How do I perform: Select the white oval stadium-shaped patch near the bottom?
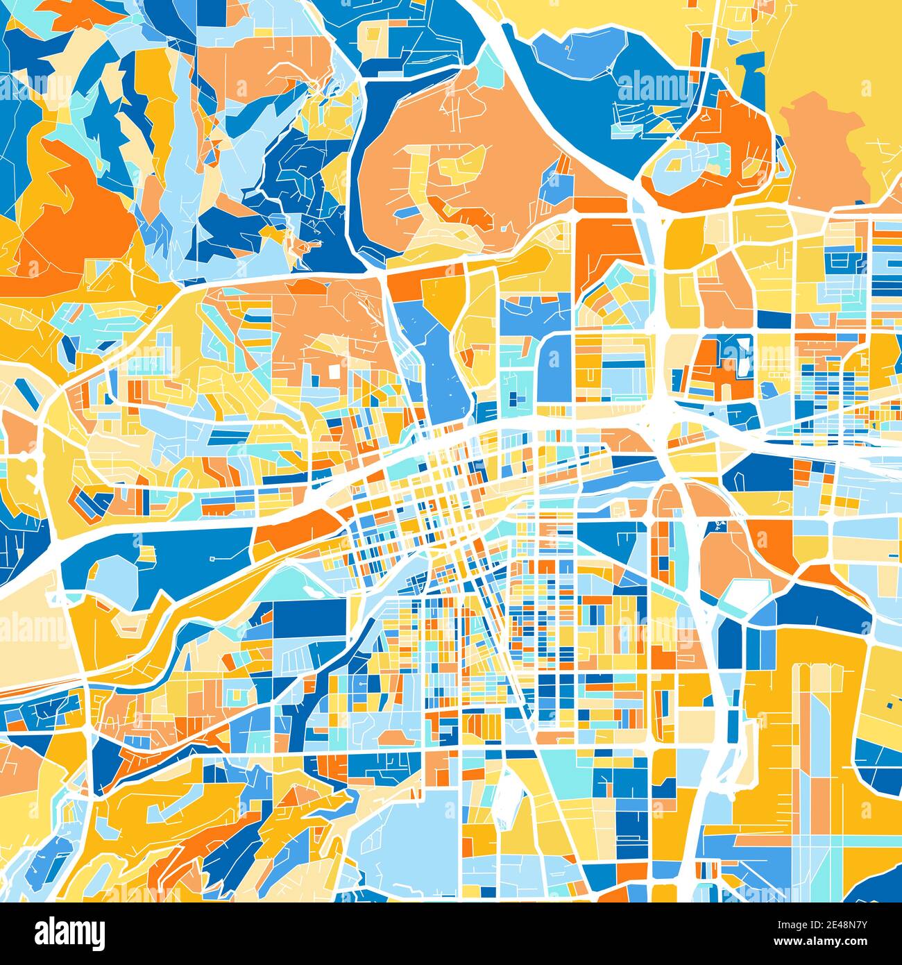tap(509, 791)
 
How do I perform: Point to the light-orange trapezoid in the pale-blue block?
tap(393, 736)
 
